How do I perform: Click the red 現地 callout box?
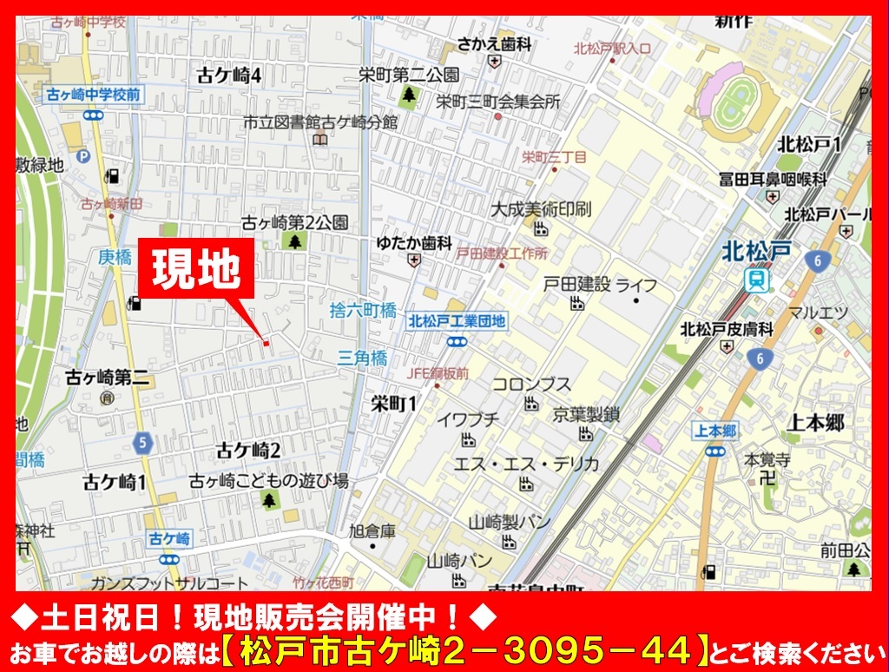(195, 270)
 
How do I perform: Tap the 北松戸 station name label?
(756, 252)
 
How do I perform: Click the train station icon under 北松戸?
(757, 280)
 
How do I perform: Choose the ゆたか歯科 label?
(414, 243)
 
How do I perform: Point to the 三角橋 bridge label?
(363, 357)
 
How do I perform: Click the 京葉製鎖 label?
(586, 414)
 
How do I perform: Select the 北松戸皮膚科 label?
(726, 329)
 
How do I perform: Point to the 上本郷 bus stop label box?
(716, 430)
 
